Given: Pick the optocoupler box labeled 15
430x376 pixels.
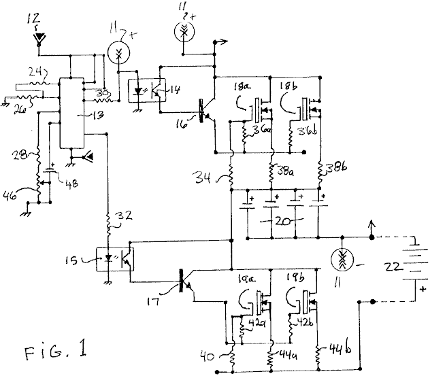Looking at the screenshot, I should point(116,260).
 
